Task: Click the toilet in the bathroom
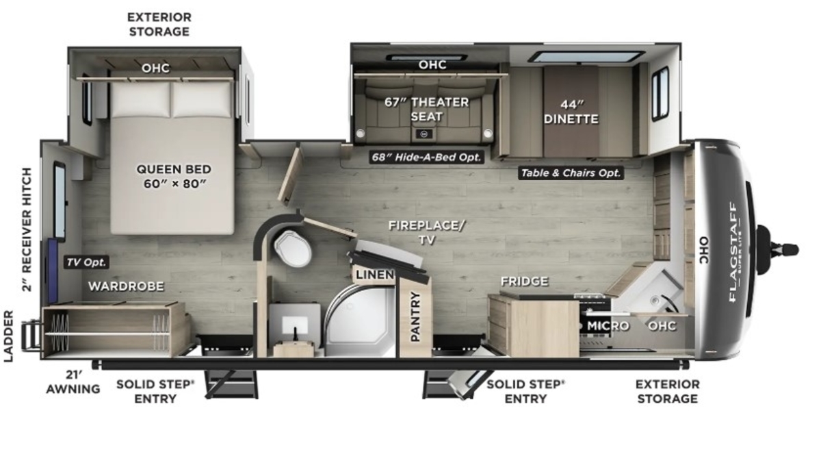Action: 293,248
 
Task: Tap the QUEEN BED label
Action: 174,169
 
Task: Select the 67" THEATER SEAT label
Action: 427,109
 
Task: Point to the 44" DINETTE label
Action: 571,112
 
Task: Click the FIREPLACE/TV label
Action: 427,232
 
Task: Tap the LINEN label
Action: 375,275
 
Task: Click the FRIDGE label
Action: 525,281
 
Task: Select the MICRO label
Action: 608,325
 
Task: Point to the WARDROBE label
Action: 126,286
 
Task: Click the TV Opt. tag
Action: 86,262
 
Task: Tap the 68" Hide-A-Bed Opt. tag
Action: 426,157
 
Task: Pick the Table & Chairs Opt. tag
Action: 571,173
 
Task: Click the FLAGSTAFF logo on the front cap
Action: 733,253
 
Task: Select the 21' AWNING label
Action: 73,382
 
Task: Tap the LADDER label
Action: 8,336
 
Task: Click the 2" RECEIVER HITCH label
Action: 27,229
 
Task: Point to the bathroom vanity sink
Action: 295,325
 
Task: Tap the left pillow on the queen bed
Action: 141,99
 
